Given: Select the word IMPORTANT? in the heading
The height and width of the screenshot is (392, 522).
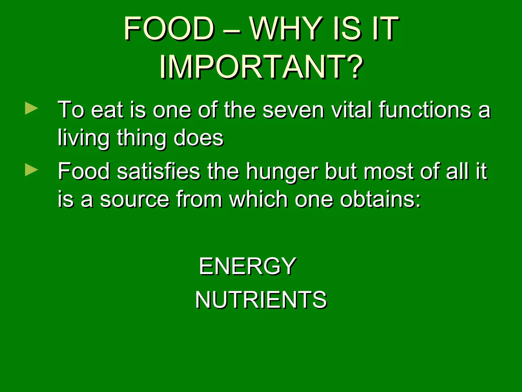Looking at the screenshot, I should [x=261, y=67].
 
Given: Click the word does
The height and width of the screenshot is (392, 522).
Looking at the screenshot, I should [x=198, y=138].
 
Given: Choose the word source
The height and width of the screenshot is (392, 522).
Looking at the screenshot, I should [x=135, y=200].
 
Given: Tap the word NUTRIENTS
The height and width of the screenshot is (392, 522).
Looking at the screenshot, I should [x=261, y=299].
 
